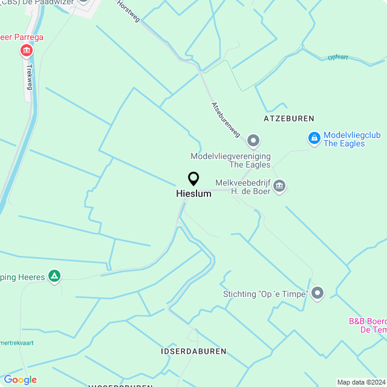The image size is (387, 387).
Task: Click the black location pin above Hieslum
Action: tap(193, 179)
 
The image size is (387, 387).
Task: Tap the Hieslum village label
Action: tap(193, 194)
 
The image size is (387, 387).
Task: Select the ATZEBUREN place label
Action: tap(289, 119)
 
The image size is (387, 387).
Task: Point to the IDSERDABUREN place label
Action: tap(193, 351)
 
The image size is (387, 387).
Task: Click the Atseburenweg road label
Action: tap(226, 119)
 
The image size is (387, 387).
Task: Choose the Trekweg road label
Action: tap(28, 77)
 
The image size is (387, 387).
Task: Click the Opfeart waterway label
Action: tap(339, 57)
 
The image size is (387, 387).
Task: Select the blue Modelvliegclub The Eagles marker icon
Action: tap(314, 139)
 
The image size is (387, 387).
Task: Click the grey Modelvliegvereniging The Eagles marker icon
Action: tap(253, 141)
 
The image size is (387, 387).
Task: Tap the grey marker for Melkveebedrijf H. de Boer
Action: tap(279, 186)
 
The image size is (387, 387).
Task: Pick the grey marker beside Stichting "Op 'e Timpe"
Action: tap(317, 294)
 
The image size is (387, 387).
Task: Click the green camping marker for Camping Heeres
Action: tap(55, 277)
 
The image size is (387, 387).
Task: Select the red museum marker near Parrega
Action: tap(27, 51)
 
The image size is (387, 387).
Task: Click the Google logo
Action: tap(20, 380)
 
